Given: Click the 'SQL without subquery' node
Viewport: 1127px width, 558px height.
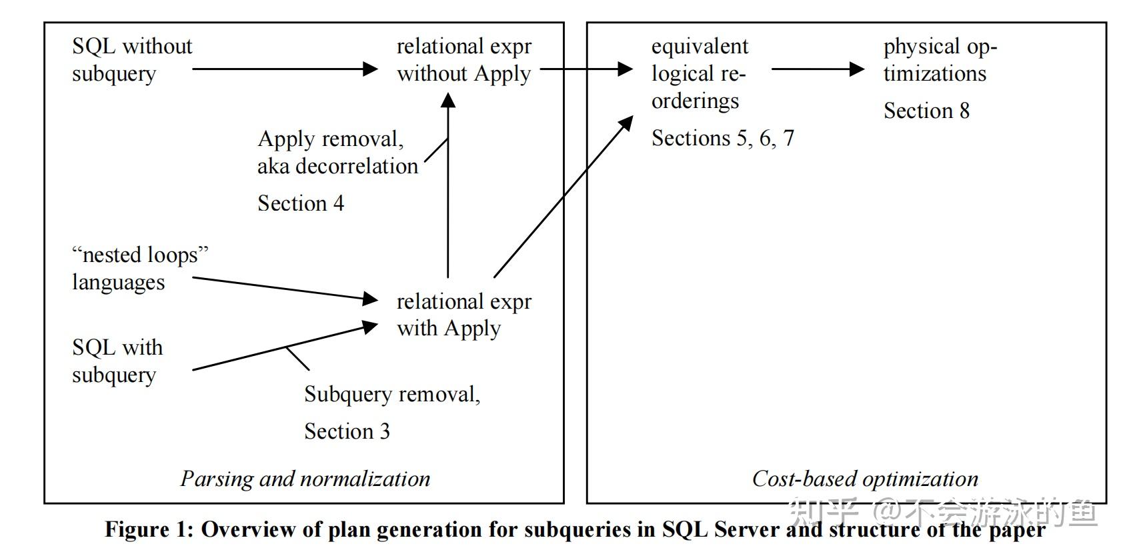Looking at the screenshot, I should [x=131, y=59].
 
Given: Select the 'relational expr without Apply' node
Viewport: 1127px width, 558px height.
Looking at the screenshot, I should [x=463, y=59].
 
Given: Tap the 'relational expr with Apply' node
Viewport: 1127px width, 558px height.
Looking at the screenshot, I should [x=463, y=315].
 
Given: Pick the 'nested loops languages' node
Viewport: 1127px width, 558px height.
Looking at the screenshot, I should [x=139, y=268].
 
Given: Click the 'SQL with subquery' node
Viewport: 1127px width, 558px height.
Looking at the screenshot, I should [x=117, y=361].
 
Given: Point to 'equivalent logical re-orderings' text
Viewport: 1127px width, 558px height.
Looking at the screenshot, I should [x=699, y=73].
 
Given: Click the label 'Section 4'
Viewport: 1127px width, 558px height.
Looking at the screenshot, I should [x=301, y=203].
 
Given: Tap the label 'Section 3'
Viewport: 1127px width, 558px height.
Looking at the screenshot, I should [x=347, y=431].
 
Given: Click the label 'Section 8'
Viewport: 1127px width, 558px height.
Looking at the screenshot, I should [x=926, y=111].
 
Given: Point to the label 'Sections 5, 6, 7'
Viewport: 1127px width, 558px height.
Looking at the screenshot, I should [x=722, y=138].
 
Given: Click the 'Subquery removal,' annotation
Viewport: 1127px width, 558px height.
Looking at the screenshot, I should [x=392, y=394].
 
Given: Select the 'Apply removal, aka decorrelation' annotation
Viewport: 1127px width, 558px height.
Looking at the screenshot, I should [x=337, y=153].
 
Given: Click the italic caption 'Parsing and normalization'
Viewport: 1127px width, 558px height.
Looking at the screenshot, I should [x=305, y=479].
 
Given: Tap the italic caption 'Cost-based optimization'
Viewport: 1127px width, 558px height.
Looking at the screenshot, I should [x=865, y=479].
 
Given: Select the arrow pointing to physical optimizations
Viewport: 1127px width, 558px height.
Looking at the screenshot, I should [x=818, y=69].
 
